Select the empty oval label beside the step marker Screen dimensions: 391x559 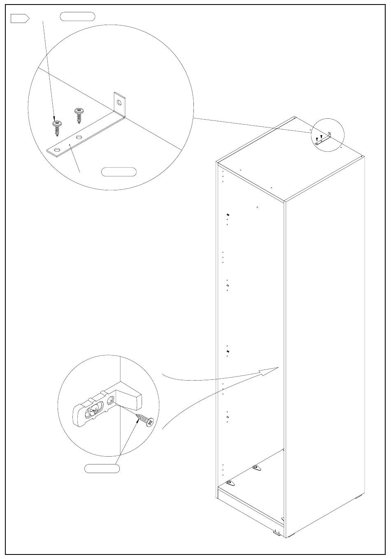coord(78,17)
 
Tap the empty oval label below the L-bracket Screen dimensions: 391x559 coord(119,172)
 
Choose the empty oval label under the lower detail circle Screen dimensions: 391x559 coord(102,468)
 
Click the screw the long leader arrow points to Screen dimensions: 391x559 coord(57,127)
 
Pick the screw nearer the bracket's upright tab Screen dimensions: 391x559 coord(78,115)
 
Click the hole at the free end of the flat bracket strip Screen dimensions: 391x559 coord(56,150)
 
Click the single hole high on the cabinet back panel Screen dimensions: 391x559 coord(257,208)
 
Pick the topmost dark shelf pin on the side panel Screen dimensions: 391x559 coord(228,215)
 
